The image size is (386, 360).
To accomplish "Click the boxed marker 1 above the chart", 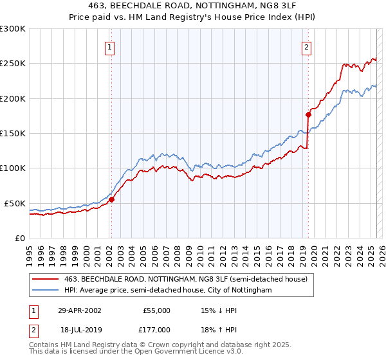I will tap(111, 47).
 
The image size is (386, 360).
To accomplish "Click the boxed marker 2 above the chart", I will tap(307, 47).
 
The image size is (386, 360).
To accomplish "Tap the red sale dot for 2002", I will tap(111, 199).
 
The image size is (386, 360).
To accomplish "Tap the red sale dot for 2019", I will tap(308, 114).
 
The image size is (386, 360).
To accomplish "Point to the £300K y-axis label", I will tap(12, 29).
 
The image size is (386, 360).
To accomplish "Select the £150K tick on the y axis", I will tap(12, 134).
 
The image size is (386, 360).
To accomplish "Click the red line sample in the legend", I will tap(46, 279).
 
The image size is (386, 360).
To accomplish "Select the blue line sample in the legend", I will tap(46, 291).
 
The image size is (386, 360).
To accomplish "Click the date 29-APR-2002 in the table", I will tap(79, 310).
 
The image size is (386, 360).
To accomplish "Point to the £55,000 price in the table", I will tap(156, 310).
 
